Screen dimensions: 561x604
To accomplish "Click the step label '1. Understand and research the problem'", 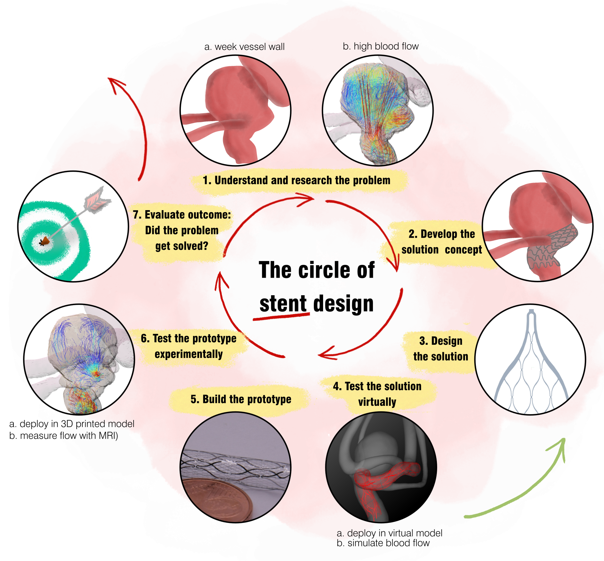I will (x=297, y=180).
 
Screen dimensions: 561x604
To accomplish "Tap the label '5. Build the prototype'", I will (x=241, y=399).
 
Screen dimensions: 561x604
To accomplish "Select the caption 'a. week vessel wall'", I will (x=244, y=47).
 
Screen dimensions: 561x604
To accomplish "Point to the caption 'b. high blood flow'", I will (x=381, y=46).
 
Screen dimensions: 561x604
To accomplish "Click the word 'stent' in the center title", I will (x=283, y=304).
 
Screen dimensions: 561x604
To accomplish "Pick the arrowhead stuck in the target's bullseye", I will (x=45, y=241).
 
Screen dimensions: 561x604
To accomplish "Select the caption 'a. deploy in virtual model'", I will (x=389, y=533).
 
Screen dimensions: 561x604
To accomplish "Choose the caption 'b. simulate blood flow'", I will (x=383, y=543).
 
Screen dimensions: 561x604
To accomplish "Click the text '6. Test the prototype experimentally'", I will (x=189, y=346).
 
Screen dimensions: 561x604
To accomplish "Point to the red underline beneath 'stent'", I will (x=281, y=317).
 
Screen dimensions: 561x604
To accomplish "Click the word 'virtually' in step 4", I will (x=377, y=402).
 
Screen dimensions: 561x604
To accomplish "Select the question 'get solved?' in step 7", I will (x=182, y=246).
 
